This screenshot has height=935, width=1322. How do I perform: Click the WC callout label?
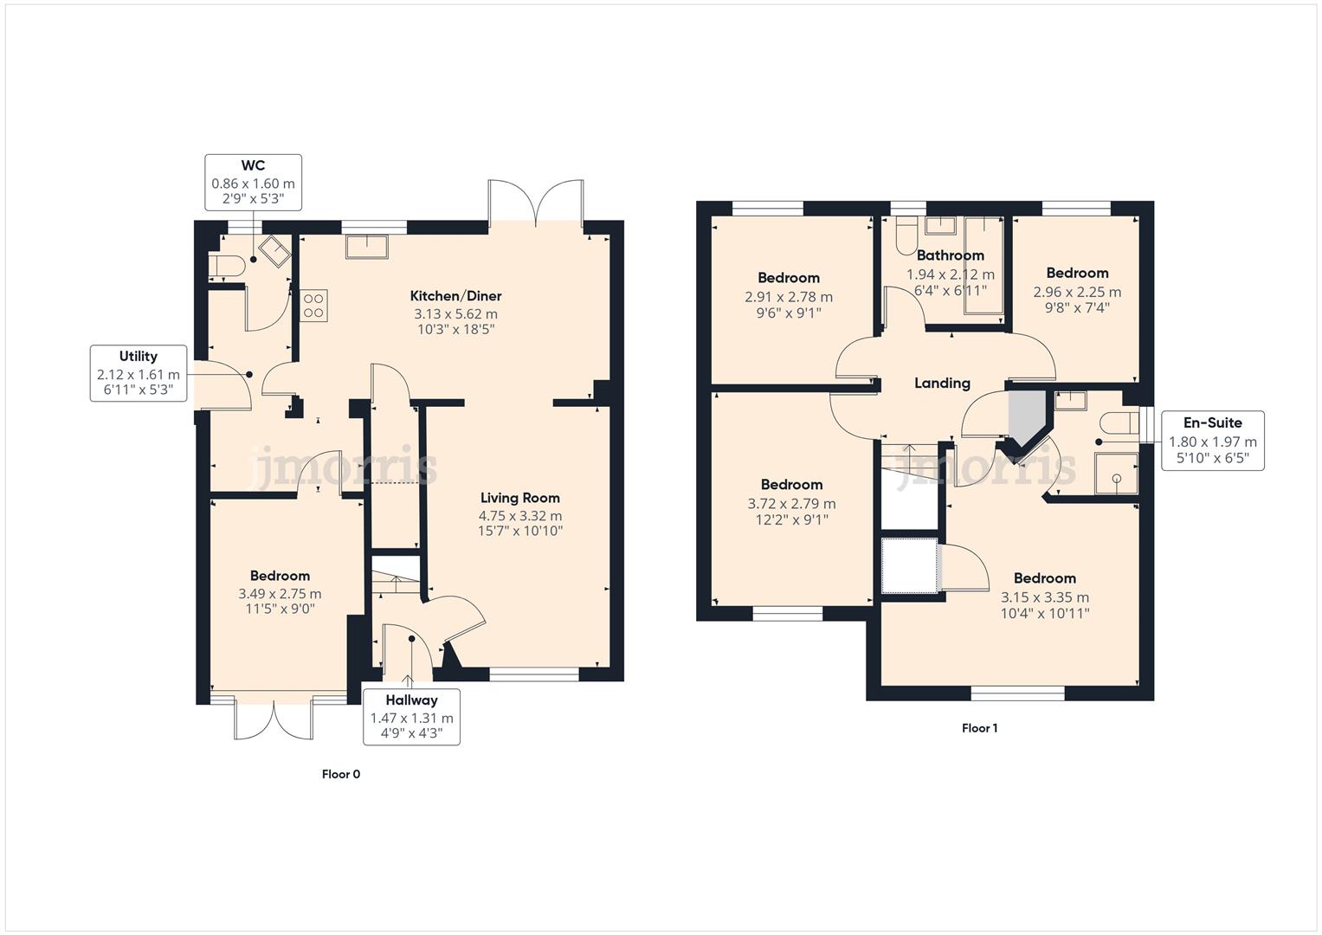[x=253, y=182]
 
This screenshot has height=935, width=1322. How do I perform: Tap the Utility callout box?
[x=139, y=373]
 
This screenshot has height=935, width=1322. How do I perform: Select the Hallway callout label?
[x=411, y=716]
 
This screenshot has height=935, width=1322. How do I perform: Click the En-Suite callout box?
[x=1212, y=440]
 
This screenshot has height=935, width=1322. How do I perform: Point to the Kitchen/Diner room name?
[x=455, y=296]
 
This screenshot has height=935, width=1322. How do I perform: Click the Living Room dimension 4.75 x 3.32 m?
[x=519, y=516]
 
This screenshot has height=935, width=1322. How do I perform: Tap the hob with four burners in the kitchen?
[x=313, y=305]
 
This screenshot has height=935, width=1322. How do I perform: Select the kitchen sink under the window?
[x=367, y=247]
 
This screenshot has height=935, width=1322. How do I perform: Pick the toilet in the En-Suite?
[x=1119, y=423]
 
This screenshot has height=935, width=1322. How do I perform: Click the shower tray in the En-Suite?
[x=1116, y=474]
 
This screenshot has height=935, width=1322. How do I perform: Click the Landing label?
[x=942, y=384]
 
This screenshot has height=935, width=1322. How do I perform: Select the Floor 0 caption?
[x=340, y=774]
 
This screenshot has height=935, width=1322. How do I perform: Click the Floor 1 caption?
[x=979, y=728]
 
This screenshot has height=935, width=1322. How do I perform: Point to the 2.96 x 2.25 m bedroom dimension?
[x=1076, y=292]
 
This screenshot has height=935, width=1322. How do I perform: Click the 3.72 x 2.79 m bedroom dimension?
[x=791, y=503]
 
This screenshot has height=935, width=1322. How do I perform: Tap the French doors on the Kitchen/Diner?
[x=536, y=202]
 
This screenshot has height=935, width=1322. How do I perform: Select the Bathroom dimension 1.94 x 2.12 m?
[x=950, y=274]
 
